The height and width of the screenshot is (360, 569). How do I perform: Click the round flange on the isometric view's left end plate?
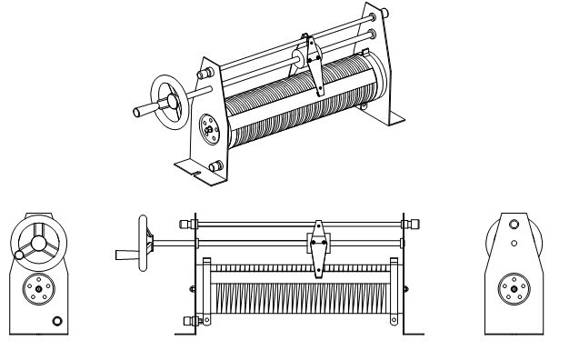coord(208,130)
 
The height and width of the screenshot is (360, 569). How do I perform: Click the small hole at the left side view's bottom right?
coord(58,320)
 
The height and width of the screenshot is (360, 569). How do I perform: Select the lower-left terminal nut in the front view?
coord(188,319)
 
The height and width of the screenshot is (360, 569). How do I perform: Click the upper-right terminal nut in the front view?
coord(411,223)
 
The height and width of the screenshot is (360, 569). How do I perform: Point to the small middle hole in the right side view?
coord(514,243)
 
